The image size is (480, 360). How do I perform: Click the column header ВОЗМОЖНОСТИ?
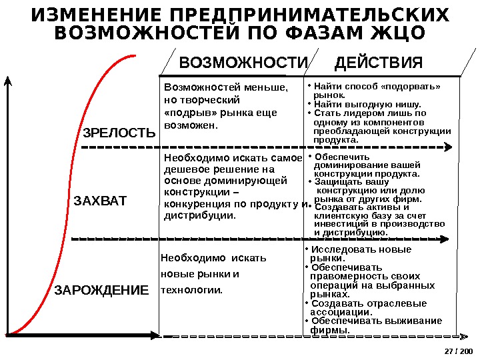[245, 63]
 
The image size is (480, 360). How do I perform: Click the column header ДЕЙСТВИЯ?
[379, 63]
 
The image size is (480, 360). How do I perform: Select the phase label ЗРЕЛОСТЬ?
[119, 133]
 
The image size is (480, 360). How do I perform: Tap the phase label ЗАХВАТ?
[99, 200]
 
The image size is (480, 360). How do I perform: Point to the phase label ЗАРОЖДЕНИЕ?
[101, 291]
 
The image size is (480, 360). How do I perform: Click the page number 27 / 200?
[457, 351]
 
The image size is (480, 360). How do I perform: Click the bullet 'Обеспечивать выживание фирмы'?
[373, 325]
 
